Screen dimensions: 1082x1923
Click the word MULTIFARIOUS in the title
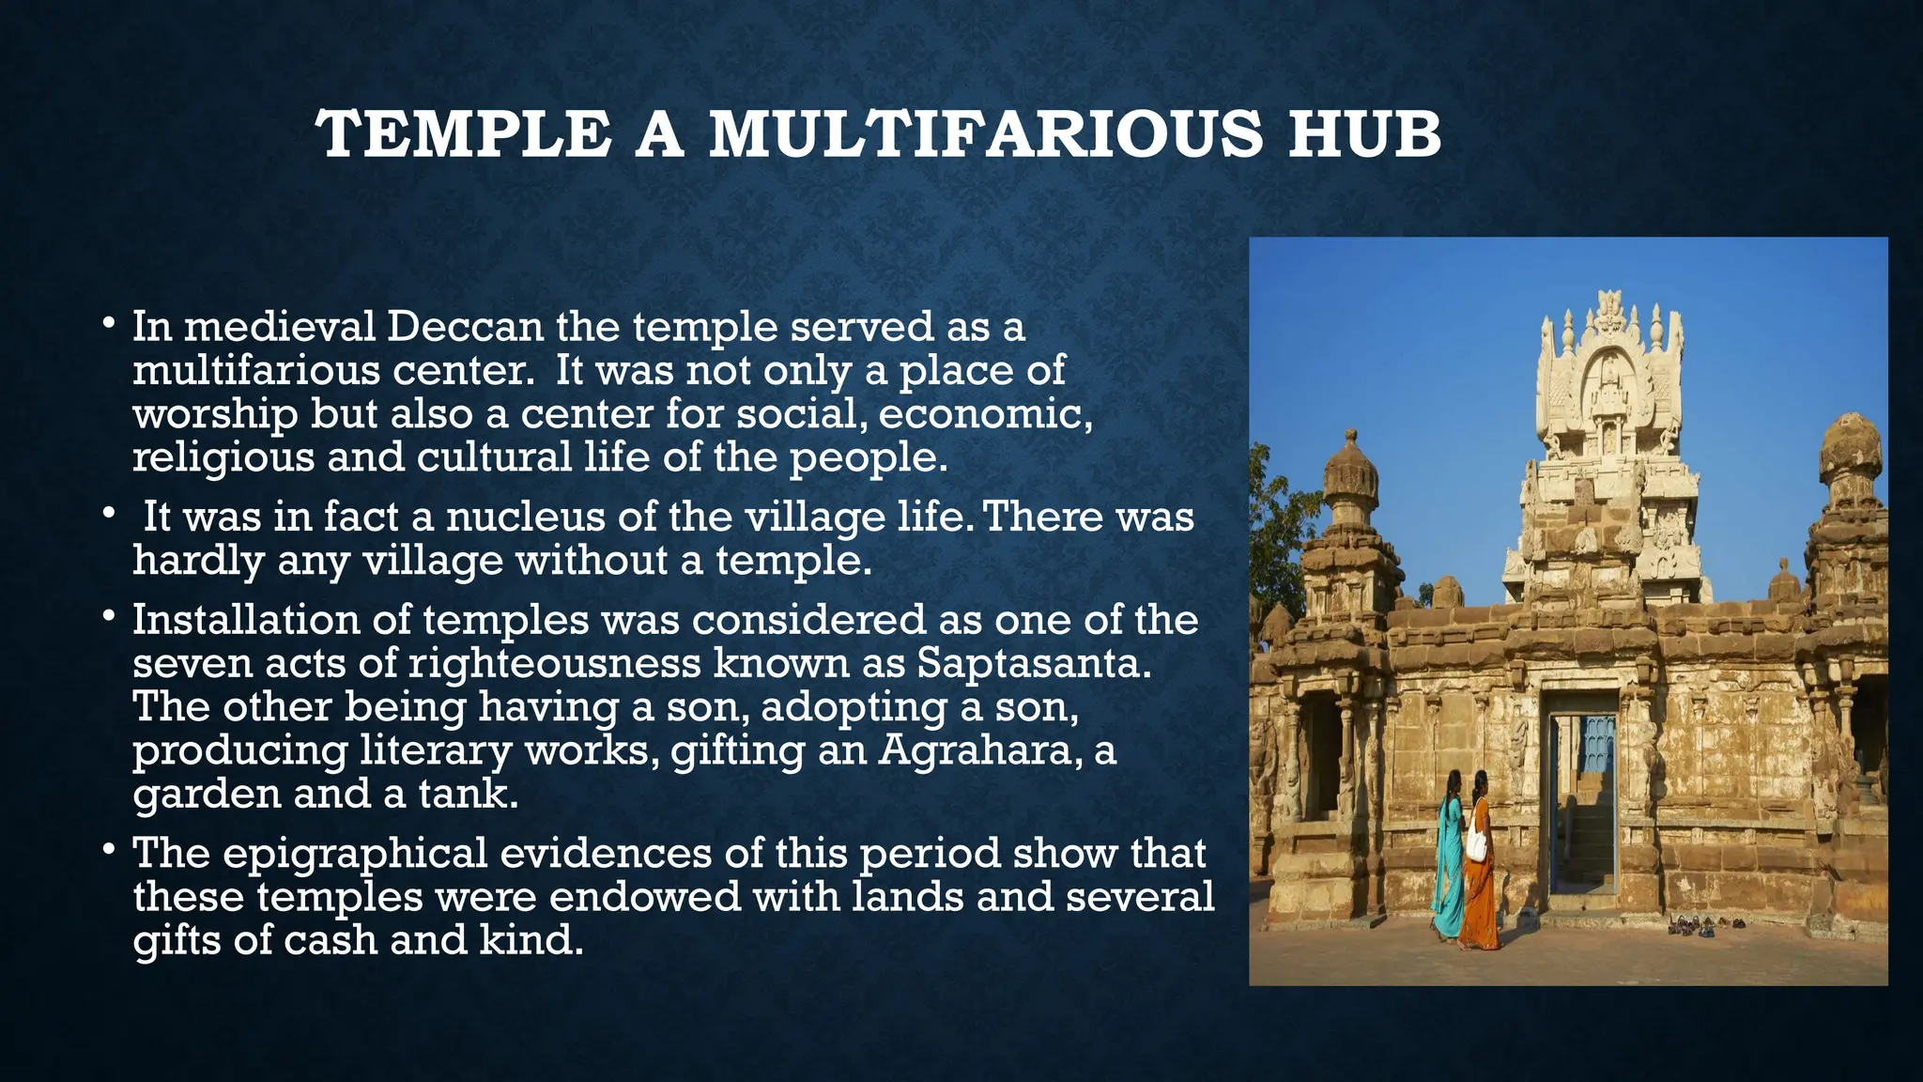[x=987, y=134]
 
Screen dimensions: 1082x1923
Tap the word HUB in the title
[x=1364, y=134]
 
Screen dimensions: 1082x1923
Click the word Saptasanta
[x=1033, y=663]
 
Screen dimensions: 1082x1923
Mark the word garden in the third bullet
[x=207, y=795]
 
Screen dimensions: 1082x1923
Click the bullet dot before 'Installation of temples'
[x=110, y=617]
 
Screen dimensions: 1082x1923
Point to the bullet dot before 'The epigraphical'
[x=110, y=850]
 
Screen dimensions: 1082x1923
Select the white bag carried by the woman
[x=1476, y=841]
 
